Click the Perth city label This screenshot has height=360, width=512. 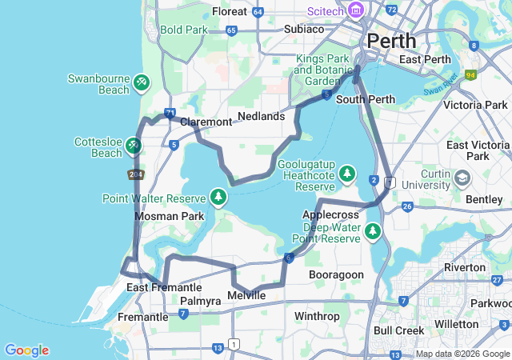coord(391,41)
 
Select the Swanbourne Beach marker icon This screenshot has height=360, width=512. coord(141,82)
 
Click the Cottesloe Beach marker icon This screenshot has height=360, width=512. coord(134,145)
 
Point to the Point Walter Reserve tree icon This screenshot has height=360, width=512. coord(218,196)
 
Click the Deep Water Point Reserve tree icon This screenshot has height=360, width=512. coord(372,231)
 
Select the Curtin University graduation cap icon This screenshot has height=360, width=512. coord(462,177)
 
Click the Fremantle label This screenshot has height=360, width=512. coord(142,317)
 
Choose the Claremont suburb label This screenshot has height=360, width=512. coord(206,122)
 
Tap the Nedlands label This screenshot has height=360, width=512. coord(262,116)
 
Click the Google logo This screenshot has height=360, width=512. coord(26,350)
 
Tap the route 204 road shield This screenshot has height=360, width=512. coord(134,174)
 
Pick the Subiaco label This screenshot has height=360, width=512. coord(304,29)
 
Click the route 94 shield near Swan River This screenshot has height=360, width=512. coord(470,76)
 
